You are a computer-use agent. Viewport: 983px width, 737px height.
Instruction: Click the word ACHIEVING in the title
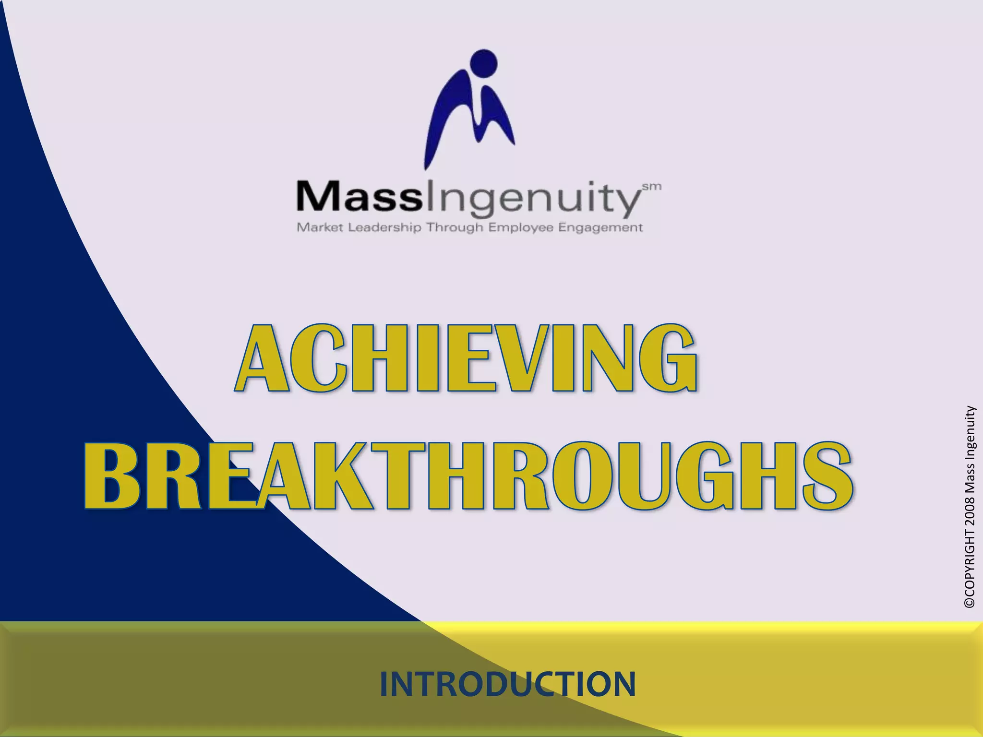point(466,357)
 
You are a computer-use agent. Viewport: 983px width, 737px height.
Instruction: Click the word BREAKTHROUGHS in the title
point(468,475)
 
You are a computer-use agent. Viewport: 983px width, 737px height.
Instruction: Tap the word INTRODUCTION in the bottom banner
point(507,684)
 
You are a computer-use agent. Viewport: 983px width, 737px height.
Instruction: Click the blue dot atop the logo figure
point(484,63)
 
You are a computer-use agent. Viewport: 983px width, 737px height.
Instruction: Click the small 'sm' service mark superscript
point(652,187)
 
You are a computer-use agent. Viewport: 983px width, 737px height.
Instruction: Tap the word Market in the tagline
point(320,227)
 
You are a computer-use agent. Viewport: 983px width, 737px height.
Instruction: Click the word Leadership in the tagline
point(384,227)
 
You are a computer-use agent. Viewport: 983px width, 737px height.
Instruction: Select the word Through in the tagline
point(455,227)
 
